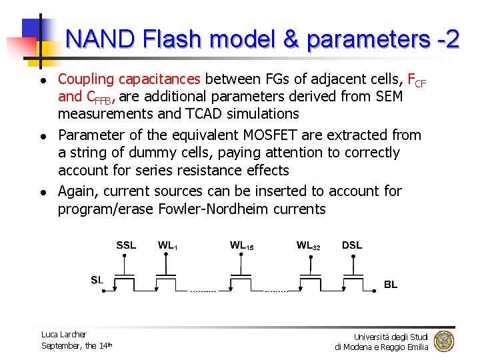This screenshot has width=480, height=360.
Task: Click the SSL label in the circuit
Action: (x=126, y=245)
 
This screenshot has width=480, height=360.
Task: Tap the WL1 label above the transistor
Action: (x=167, y=245)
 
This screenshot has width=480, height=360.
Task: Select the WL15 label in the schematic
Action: (x=241, y=245)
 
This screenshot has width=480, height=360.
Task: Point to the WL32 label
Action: (x=308, y=245)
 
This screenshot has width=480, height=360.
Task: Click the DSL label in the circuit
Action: (x=352, y=245)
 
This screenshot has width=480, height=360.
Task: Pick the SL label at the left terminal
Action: (x=97, y=280)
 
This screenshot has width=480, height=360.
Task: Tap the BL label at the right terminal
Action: (x=391, y=284)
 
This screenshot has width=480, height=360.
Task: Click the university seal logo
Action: (x=443, y=341)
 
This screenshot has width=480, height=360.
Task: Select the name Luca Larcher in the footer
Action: (x=63, y=334)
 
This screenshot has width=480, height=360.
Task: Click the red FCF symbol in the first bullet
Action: (x=417, y=81)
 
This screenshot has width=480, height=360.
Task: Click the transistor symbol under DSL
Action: (x=352, y=279)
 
